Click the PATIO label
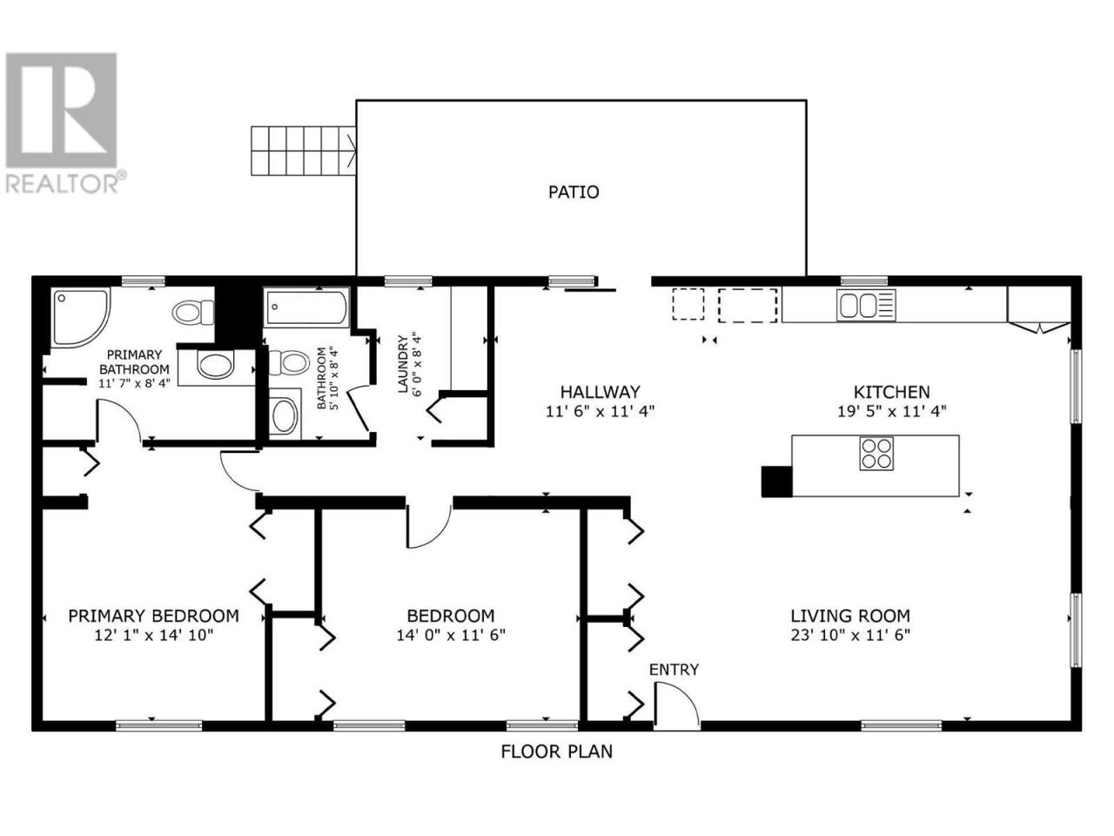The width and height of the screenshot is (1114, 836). tap(574, 192)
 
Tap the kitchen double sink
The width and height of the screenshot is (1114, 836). tap(866, 305)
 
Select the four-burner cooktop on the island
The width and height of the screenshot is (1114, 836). tap(876, 454)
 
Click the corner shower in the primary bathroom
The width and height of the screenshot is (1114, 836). tap(81, 318)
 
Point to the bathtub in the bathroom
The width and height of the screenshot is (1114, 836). tap(306, 307)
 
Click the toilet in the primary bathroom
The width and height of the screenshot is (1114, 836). tap(193, 312)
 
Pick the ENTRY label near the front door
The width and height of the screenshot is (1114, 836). tap(674, 670)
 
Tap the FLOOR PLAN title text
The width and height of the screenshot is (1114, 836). tap(557, 752)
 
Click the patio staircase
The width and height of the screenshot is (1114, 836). tap(304, 151)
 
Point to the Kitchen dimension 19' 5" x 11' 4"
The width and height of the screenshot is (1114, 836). tap(892, 411)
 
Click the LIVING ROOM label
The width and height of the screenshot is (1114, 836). tap(850, 616)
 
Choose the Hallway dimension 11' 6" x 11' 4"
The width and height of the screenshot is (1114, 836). tap(600, 411)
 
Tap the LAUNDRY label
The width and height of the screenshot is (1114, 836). tap(402, 363)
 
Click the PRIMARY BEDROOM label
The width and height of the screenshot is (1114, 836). tap(153, 616)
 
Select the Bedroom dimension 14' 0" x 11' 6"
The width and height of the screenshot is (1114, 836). tap(451, 635)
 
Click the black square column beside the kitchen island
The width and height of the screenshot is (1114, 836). tap(776, 482)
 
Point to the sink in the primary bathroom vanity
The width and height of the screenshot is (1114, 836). tap(216, 366)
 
